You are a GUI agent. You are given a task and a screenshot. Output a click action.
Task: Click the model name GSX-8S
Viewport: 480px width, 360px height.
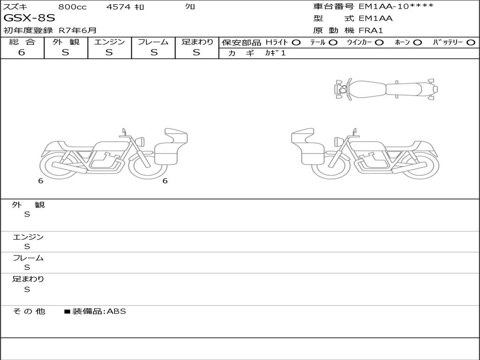tap(30, 18)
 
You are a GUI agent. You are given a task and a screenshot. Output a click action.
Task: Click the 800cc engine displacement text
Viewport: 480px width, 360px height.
tap(73, 7)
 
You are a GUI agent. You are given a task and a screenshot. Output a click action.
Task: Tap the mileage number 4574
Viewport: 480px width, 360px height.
tap(119, 7)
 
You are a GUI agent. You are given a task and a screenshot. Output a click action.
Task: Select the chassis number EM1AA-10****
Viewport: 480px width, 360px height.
tap(396, 6)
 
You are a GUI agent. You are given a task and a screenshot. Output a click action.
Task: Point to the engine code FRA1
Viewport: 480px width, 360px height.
tap(371, 30)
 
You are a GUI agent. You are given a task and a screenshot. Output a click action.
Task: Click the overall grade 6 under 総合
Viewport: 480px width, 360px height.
tap(22, 52)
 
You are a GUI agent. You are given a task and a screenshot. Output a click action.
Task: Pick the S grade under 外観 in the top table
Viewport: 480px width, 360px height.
tap(66, 52)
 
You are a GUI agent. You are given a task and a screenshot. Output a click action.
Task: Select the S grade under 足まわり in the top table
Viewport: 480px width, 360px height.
tap(196, 52)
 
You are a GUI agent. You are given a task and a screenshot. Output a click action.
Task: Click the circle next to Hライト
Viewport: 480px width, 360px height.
tap(296, 43)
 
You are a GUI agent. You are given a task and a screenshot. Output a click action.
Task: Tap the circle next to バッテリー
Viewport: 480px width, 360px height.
tap(471, 43)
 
